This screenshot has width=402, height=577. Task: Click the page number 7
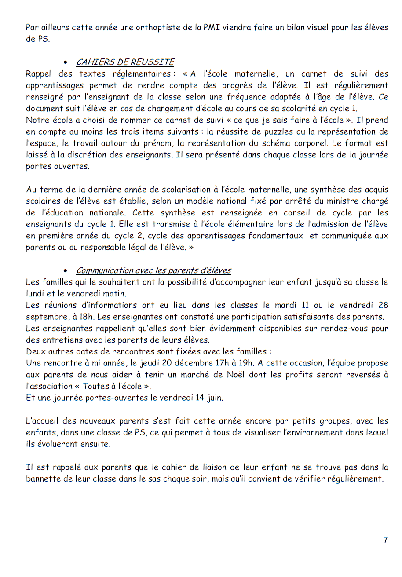point(386,540)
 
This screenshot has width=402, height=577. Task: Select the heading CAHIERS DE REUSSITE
point(125,62)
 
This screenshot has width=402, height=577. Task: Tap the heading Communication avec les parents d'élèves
point(153,270)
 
